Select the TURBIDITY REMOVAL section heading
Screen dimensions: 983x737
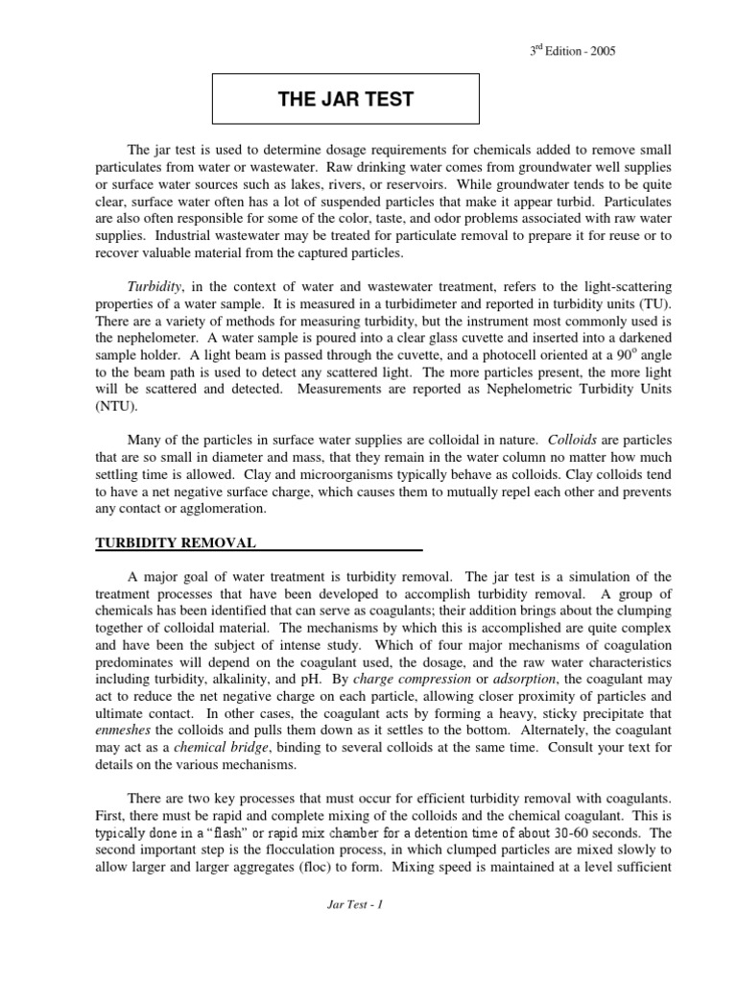(175, 542)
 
